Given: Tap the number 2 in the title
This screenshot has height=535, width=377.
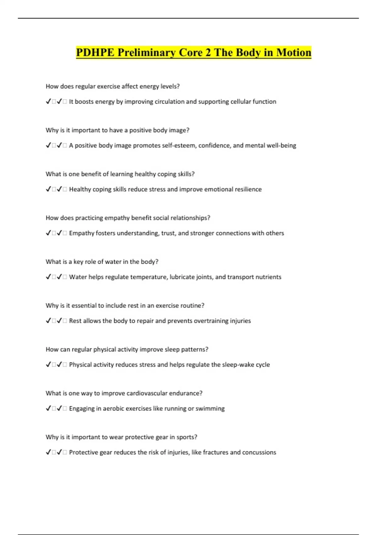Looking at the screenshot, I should (x=208, y=52).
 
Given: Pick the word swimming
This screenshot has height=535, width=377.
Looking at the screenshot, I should (x=210, y=408).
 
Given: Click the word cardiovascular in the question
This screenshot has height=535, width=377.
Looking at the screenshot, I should (x=145, y=393).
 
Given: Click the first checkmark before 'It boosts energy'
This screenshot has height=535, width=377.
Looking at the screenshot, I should (x=48, y=101).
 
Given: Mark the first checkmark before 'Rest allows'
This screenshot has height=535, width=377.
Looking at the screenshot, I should (x=48, y=321).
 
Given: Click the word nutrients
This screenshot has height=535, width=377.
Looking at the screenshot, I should (x=268, y=277).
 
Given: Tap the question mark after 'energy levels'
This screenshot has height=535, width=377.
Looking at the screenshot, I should (x=178, y=86).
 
